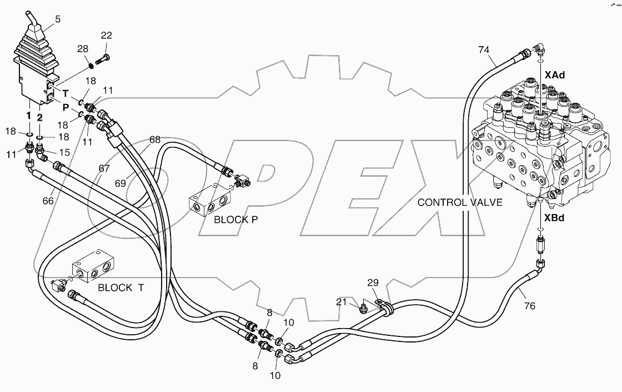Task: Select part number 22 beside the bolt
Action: [x=106, y=36]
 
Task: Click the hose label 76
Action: [x=529, y=305]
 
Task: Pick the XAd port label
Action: [x=554, y=75]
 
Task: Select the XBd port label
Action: [x=554, y=218]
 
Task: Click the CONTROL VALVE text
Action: [x=460, y=202]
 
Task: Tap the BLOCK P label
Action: [x=236, y=220]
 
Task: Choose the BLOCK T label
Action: [x=121, y=287]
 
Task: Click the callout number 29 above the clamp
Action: [x=372, y=284]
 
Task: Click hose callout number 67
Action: [x=105, y=168]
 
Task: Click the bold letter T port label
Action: [x=65, y=93]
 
